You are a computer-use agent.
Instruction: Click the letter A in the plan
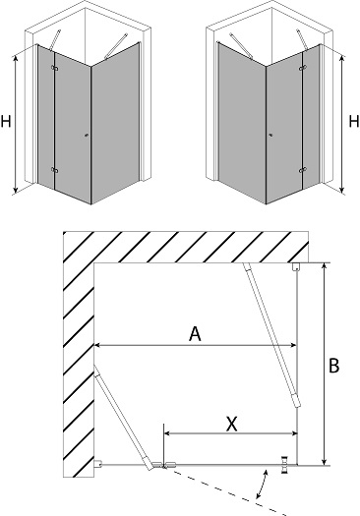tap(195, 334)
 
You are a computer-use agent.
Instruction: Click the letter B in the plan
tap(334, 366)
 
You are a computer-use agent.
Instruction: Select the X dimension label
tap(232, 424)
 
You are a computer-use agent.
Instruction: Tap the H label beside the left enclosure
tap(6, 121)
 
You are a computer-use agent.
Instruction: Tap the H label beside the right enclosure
tap(354, 121)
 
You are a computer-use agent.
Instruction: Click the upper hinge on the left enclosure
tap(55, 68)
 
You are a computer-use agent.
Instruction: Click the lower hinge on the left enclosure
tap(55, 170)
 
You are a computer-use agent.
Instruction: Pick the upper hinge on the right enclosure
tap(303, 68)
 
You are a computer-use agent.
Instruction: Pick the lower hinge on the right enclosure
tap(303, 170)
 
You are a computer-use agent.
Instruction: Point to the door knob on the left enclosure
tap(87, 135)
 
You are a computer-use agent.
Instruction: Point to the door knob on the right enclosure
tap(271, 135)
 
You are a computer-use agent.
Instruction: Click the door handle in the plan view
tap(284, 465)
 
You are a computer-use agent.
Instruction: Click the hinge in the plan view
tap(163, 465)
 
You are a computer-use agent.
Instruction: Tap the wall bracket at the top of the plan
tap(296, 266)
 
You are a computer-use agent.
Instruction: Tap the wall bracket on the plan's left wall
tap(97, 464)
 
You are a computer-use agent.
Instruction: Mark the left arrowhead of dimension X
tap(166, 433)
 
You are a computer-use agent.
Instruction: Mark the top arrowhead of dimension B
tap(325, 265)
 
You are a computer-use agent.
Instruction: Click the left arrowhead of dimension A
tap(96, 345)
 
